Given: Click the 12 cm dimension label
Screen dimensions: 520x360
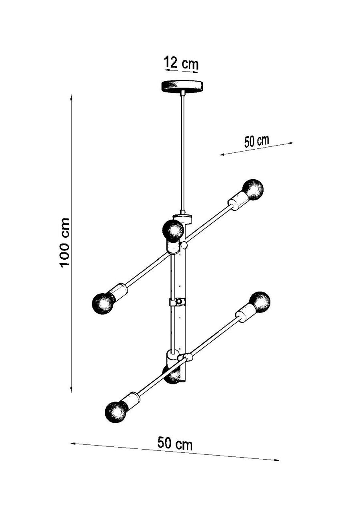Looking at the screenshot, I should (x=181, y=63).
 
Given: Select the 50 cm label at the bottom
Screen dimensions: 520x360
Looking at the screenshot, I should (x=174, y=444).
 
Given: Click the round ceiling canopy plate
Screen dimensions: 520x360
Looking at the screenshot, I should (x=182, y=86).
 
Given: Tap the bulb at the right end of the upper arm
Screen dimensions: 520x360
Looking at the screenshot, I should (x=253, y=190).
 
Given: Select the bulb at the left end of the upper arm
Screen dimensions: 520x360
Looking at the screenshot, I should (x=103, y=303).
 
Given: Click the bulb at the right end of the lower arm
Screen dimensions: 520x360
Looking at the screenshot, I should (x=260, y=302).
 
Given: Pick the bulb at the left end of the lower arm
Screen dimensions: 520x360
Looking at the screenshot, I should (x=116, y=412).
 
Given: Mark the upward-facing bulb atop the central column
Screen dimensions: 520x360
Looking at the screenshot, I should (x=174, y=230).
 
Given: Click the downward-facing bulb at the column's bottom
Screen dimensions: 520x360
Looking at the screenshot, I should (x=173, y=375).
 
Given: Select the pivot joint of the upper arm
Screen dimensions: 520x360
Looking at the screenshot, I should (x=184, y=244).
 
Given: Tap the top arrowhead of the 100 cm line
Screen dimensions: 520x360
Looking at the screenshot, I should (x=71, y=98).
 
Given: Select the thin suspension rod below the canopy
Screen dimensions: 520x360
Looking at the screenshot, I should (x=182, y=152).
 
